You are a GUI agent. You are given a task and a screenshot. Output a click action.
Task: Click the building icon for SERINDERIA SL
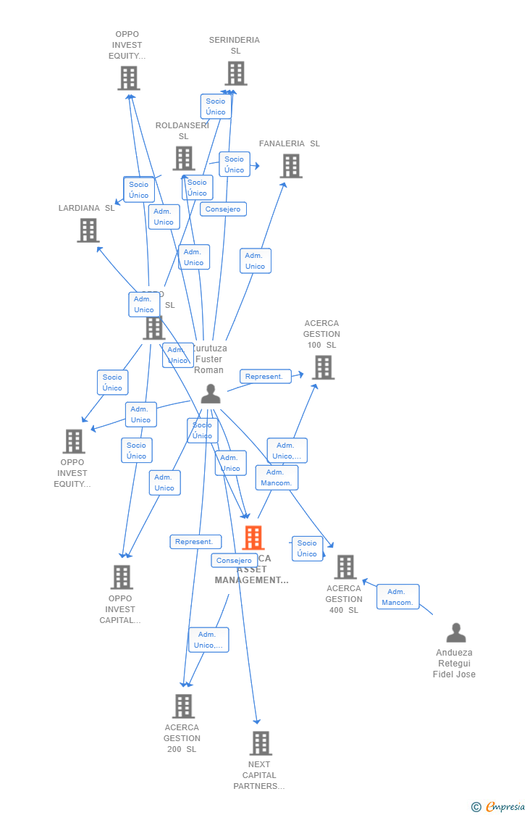click(x=236, y=73)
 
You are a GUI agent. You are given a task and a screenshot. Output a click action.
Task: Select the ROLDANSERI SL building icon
click(x=184, y=158)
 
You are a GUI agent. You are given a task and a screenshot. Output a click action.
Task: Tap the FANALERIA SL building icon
click(x=291, y=166)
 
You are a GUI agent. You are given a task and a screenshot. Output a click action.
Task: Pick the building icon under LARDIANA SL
click(x=88, y=230)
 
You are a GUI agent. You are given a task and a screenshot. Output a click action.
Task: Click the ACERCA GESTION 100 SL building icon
click(x=323, y=367)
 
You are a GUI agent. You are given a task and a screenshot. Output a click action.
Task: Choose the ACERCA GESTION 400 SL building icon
click(x=345, y=567)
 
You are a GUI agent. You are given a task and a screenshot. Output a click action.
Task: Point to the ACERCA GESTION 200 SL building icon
click(x=183, y=706)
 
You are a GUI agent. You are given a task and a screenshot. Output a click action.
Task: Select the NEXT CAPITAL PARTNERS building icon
click(x=261, y=743)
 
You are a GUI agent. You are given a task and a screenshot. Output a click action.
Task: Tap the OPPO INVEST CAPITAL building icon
click(x=122, y=577)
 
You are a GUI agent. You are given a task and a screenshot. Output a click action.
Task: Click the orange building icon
click(x=253, y=538)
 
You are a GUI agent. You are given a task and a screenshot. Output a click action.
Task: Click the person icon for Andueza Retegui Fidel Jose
click(x=456, y=633)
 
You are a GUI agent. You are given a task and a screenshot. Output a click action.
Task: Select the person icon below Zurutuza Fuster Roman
click(x=211, y=394)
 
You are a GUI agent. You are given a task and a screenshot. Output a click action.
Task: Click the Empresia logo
click(x=505, y=807)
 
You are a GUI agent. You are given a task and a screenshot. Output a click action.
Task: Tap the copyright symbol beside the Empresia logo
click(x=476, y=807)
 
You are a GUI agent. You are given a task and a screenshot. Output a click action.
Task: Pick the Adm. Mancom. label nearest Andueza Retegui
click(x=397, y=597)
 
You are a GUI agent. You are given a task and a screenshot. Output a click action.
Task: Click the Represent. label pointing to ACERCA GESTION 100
click(x=265, y=377)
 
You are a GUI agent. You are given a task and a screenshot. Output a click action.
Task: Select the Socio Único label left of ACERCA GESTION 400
click(x=307, y=548)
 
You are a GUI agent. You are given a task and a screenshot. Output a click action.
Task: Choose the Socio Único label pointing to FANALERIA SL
click(x=234, y=164)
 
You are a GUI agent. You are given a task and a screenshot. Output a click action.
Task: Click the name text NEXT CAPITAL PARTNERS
click(x=259, y=775)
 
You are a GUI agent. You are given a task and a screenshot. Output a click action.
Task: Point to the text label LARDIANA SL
click(x=86, y=208)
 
